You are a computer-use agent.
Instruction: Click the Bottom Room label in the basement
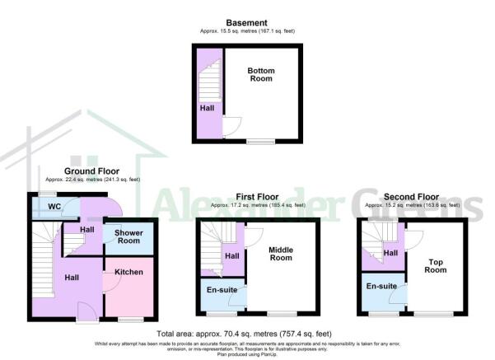tap(261, 75)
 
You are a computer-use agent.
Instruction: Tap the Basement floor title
tap(246, 23)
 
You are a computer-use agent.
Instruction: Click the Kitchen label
tap(128, 272)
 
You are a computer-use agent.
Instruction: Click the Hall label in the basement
tap(203, 108)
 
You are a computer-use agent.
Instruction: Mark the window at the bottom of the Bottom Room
tap(260, 141)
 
